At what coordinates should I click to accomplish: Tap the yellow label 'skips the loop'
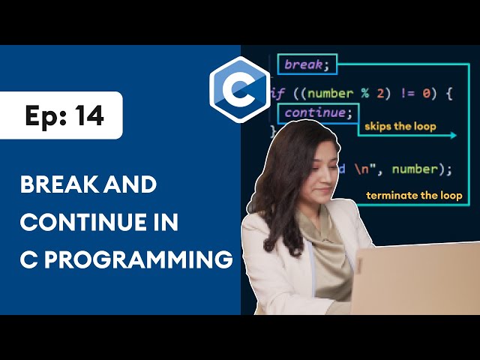point(400,127)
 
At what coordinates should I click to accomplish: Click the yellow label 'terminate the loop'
point(414,196)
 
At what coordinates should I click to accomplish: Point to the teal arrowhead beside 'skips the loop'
point(453,136)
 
